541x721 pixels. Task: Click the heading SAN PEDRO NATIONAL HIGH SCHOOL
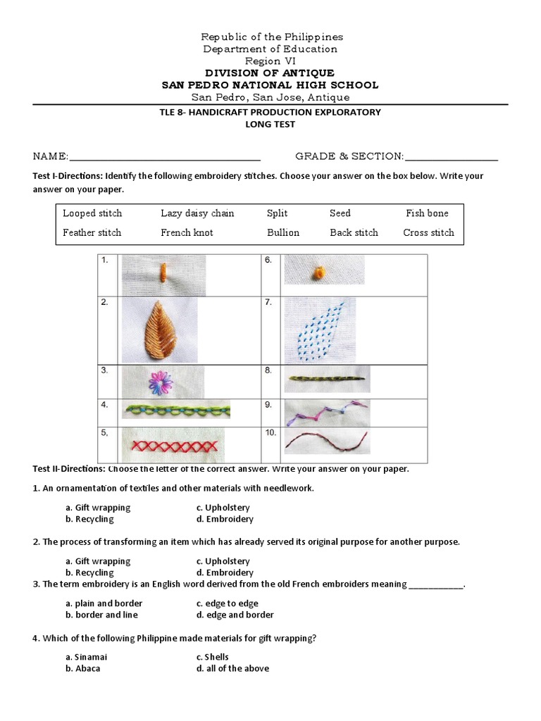click(270, 85)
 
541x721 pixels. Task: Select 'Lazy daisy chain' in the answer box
click(197, 213)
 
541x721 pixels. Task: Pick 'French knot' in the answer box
click(187, 232)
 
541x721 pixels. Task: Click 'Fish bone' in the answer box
click(427, 213)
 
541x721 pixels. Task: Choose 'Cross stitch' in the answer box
click(428, 232)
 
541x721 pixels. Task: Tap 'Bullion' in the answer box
click(283, 232)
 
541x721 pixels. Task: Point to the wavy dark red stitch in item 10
click(326, 442)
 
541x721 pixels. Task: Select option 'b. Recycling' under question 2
click(89, 572)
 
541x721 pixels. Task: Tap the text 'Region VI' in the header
click(270, 61)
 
